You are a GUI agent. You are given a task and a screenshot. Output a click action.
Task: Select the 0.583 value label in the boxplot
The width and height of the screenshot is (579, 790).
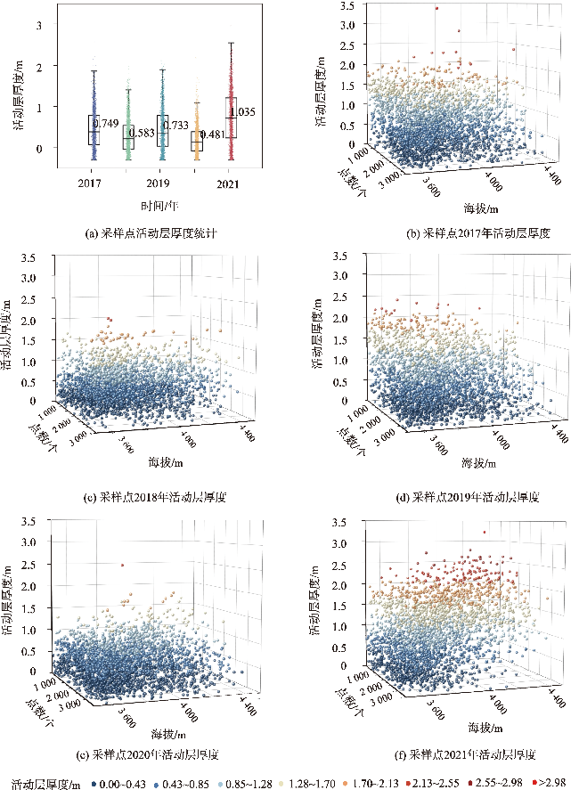[x=143, y=134]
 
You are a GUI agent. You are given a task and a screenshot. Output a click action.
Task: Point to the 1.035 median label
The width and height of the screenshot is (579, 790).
[x=243, y=112]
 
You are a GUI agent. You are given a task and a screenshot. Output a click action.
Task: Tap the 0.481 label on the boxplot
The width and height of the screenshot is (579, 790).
[x=211, y=135]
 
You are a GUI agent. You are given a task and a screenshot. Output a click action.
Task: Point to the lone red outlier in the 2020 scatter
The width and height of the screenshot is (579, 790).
[x=123, y=565]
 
